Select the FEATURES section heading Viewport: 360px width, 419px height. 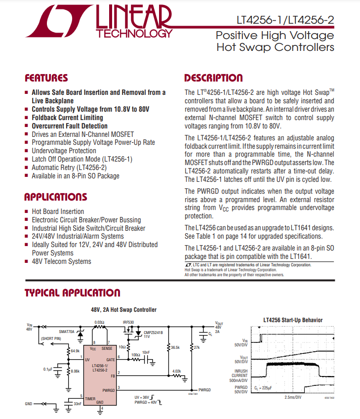(x=46, y=78)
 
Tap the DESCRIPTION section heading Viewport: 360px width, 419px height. (x=213, y=78)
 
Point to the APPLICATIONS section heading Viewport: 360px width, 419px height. (x=56, y=197)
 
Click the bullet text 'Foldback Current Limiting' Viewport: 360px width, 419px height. (x=67, y=118)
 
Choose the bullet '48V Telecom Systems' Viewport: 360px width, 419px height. (x=61, y=261)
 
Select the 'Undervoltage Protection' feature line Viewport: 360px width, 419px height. (x=64, y=151)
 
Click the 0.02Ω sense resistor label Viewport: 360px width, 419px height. (x=100, y=321)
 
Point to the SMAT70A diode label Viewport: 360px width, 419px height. (x=67, y=332)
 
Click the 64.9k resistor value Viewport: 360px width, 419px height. (x=75, y=351)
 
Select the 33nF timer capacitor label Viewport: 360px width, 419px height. (x=78, y=404)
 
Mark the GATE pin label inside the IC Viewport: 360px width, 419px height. (x=110, y=360)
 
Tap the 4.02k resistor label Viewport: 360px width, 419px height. (x=176, y=371)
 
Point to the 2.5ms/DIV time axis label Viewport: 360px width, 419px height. (x=294, y=397)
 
